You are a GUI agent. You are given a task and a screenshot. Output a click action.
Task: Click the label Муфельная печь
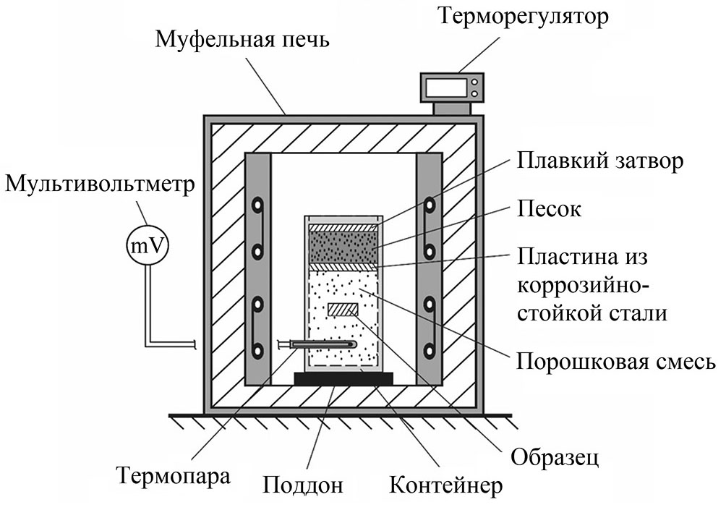point(242,40)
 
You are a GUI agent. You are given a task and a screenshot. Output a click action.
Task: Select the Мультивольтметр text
point(99,184)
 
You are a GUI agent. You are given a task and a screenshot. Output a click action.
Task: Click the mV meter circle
point(148,246)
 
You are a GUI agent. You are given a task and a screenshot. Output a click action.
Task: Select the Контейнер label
point(445,484)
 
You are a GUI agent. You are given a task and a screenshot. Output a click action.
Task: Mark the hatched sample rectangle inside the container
point(343,310)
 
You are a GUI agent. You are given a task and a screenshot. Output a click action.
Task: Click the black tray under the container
point(343,378)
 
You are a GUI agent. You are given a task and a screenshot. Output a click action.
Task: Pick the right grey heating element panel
point(430,268)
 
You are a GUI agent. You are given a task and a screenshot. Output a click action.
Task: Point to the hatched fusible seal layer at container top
point(343,227)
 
